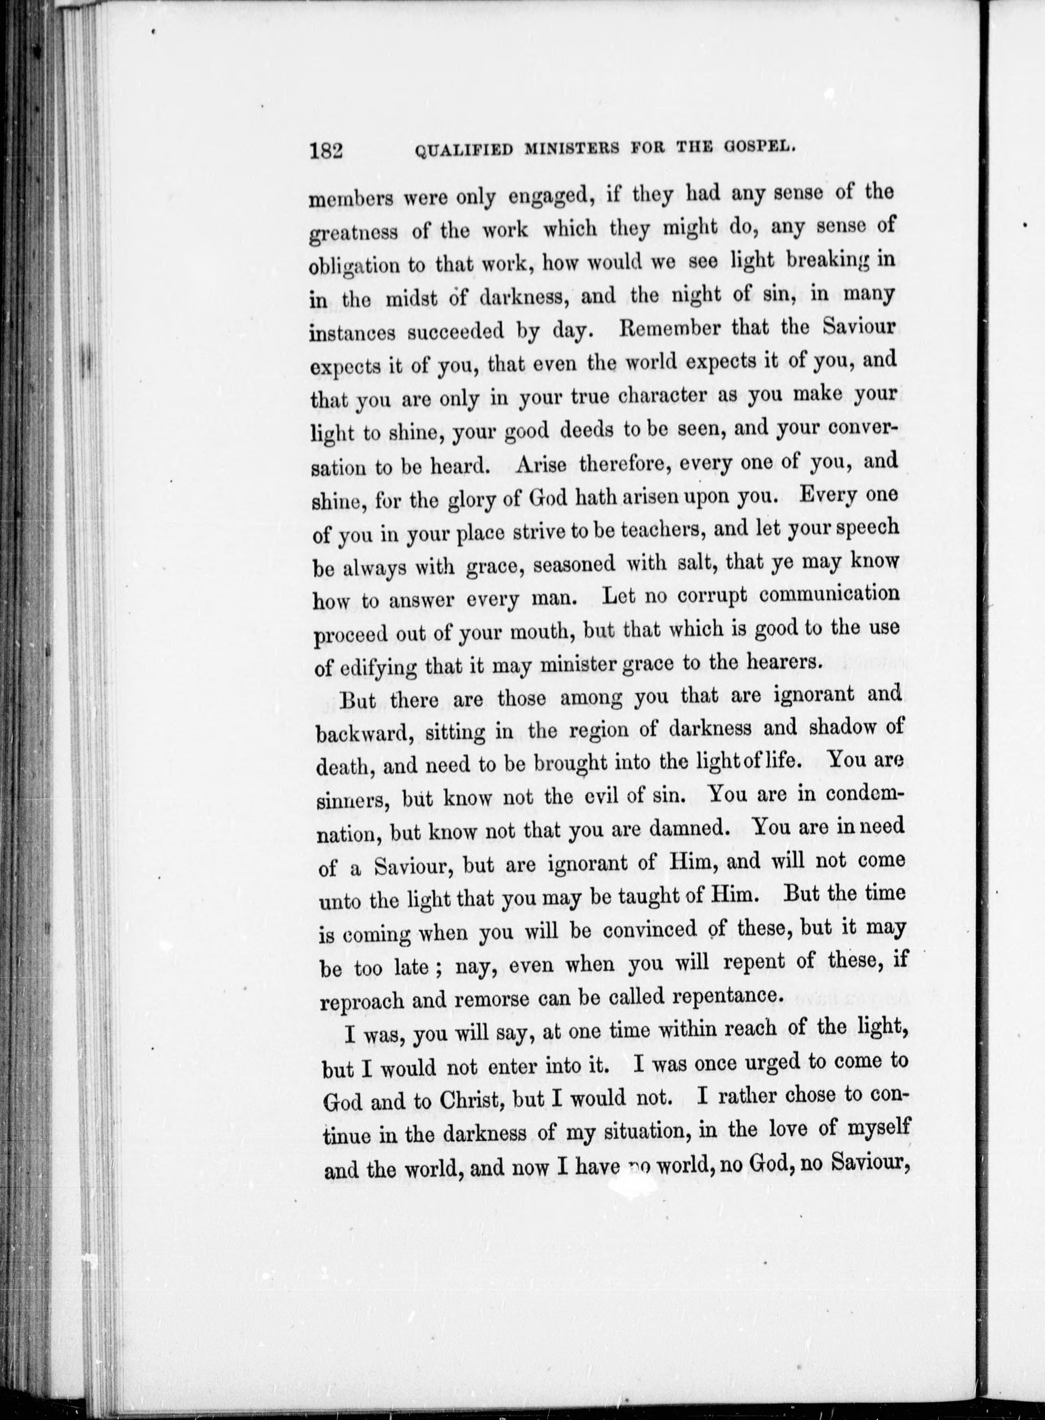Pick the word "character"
tap(663, 396)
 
